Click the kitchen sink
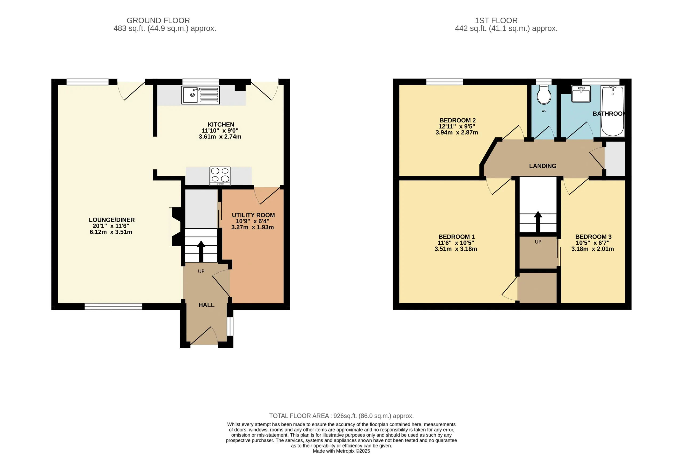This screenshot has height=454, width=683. coord(201,95)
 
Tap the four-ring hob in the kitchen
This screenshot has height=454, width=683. coord(220,176)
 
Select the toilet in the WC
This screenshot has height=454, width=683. coord(544,95)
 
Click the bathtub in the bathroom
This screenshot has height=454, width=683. coord(613,111)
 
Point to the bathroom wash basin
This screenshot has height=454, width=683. coord(581,94)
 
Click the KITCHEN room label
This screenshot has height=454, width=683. coord(221,125)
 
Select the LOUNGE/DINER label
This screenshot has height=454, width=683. coord(112,220)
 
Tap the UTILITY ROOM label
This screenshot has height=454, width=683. coord(253,215)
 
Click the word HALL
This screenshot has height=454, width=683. coord(207,305)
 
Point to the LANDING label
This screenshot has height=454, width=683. coord(543,166)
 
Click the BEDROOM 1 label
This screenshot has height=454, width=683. coord(456,237)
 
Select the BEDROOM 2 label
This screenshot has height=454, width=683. coord(458,120)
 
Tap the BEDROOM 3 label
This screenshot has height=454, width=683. coord(593,237)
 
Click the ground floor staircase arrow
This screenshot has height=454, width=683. coord(201,251)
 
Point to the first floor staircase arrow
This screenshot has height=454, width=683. coord(538,222)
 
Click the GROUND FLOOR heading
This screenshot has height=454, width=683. coord(158,21)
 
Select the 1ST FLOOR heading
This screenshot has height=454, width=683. coord(496,21)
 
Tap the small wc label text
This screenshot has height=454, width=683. coord(544,111)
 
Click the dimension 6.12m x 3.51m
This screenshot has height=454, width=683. coord(111,232)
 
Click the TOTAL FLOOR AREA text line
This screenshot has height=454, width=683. coord(341,416)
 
